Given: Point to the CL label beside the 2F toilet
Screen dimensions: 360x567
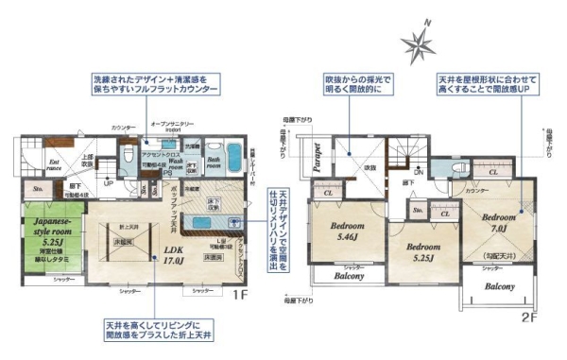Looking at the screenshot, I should pyautogui.click(x=492, y=174).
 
